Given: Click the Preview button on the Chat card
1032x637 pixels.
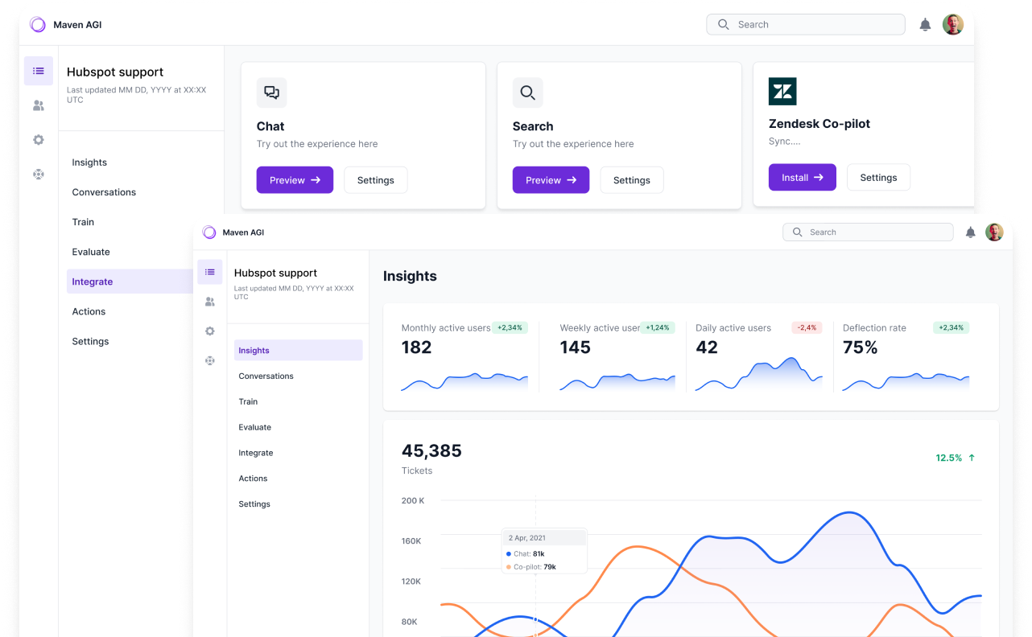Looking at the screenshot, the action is (x=295, y=180).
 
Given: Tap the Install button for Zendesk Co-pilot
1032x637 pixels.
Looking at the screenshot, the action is (x=802, y=177).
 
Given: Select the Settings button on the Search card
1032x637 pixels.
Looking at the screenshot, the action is (x=632, y=180).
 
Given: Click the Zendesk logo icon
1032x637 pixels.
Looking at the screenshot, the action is (x=782, y=92).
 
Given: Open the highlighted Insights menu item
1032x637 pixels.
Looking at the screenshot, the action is (x=298, y=350).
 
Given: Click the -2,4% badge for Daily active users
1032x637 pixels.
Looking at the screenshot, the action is (x=807, y=327).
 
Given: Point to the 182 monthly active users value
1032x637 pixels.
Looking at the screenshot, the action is (x=416, y=347).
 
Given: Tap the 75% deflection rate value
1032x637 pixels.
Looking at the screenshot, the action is (x=861, y=347).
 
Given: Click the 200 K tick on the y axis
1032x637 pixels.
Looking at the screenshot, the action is (x=413, y=501).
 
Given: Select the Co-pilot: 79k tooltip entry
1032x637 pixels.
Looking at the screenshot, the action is (x=531, y=567).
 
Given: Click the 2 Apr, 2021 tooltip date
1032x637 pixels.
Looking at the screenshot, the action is (x=527, y=538).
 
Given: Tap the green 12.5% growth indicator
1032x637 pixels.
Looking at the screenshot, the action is (x=955, y=458).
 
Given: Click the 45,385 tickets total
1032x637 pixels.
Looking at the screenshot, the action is (x=431, y=451).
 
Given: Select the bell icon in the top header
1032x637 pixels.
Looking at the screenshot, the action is (x=925, y=24).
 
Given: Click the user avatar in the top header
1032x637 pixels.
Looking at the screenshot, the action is (x=953, y=24).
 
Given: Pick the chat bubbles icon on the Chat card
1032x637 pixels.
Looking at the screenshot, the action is (x=272, y=92).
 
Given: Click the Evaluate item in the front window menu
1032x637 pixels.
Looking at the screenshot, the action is (x=254, y=427).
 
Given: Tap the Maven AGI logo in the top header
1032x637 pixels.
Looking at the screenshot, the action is (x=38, y=24).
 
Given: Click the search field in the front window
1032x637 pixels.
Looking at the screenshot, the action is (x=868, y=232).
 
